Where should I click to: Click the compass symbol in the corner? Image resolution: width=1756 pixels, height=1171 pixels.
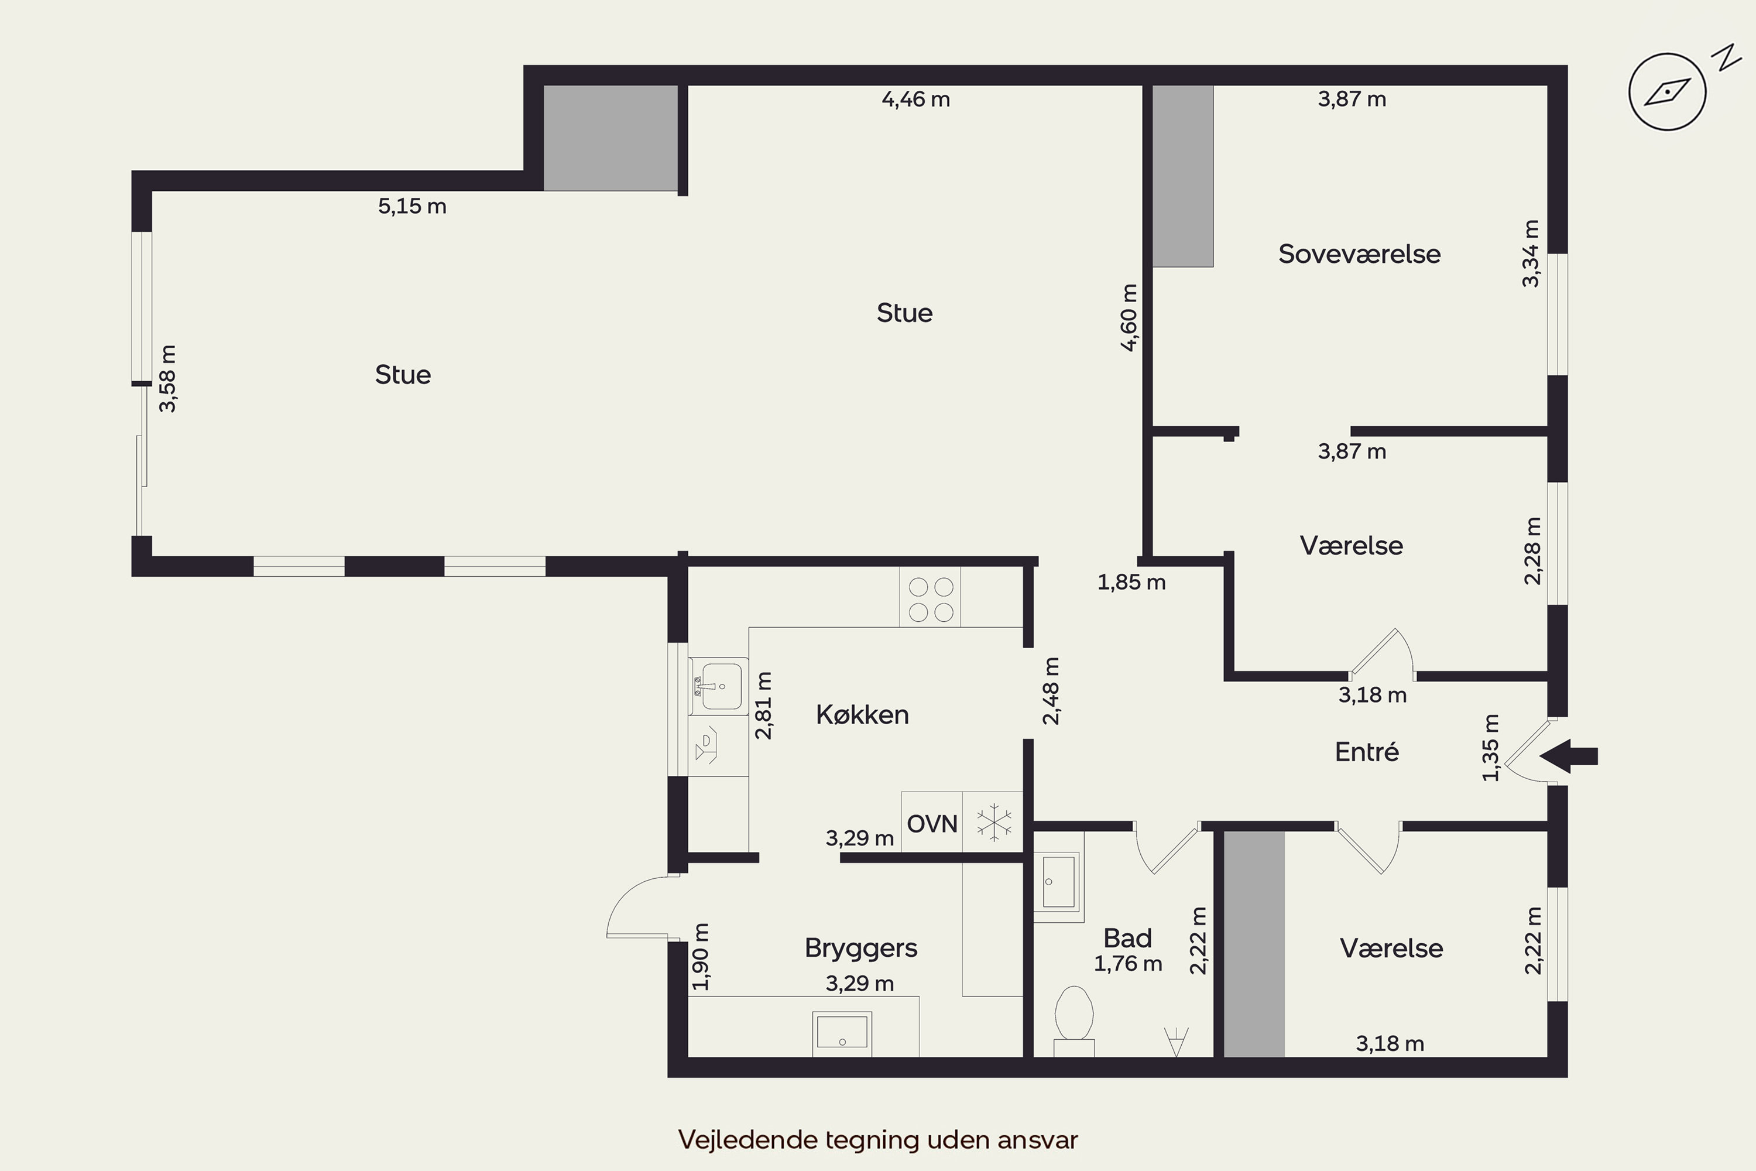tap(1667, 92)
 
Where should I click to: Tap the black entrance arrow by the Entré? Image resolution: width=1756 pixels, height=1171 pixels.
tap(1568, 756)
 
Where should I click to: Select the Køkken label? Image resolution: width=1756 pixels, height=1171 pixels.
tap(862, 715)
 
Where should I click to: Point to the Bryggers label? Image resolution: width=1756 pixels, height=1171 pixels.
tap(861, 949)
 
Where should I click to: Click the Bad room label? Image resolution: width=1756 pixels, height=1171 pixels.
tap(1127, 937)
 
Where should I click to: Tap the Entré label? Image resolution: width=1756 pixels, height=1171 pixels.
tap(1366, 751)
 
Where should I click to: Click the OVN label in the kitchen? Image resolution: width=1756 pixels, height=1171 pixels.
tap(932, 824)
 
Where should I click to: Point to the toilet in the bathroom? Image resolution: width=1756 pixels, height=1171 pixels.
tap(1074, 1022)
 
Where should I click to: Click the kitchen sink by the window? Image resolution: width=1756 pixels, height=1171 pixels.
tap(718, 686)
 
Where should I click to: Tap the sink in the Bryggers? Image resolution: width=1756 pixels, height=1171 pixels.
tap(842, 1033)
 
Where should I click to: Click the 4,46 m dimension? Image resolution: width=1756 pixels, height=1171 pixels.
tap(916, 100)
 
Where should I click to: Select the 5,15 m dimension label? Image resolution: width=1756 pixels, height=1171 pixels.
tap(412, 206)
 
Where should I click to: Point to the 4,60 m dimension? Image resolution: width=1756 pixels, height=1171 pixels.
tap(1130, 317)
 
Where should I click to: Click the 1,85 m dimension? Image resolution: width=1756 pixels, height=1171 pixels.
tap(1131, 583)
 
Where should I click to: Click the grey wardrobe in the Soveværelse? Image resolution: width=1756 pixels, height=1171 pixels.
tap(1184, 176)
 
